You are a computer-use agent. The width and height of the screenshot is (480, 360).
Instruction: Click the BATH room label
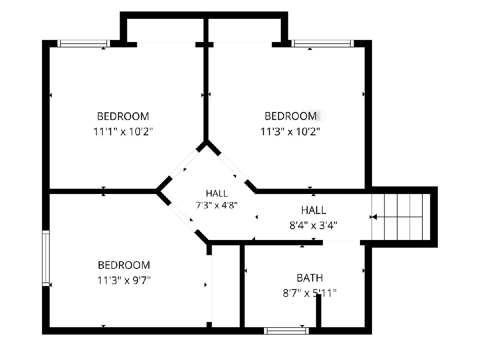310,278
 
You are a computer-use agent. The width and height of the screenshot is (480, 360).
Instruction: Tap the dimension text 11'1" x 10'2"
123,132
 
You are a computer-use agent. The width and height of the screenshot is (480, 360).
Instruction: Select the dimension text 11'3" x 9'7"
124,280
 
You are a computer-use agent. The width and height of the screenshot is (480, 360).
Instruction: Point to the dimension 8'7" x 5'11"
310,293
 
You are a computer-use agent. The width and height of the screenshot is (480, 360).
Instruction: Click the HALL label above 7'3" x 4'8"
217,193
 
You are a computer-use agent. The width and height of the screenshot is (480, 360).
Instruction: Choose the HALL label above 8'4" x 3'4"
314,210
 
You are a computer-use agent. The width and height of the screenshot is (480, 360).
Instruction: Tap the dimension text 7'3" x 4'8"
216,205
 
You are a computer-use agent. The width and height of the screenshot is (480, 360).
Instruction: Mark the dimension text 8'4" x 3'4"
313,225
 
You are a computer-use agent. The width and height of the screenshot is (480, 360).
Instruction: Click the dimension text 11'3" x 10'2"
290,132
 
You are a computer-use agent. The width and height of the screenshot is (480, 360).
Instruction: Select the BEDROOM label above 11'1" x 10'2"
123,116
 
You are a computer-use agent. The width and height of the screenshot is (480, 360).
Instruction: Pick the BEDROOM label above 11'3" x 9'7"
124,265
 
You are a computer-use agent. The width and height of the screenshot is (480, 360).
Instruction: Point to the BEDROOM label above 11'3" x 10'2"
291,116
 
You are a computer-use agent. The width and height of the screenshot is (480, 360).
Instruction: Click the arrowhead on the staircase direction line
374,217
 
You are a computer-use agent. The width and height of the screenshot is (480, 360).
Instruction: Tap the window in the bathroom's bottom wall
286,331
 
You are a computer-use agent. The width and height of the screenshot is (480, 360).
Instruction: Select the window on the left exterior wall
46,258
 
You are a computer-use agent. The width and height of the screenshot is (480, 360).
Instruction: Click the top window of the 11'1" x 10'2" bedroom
84,44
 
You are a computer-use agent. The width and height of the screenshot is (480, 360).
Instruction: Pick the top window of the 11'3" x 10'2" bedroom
322,44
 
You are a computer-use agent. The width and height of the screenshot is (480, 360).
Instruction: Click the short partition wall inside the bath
319,311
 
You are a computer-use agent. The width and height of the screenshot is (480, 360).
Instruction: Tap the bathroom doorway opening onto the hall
341,242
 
